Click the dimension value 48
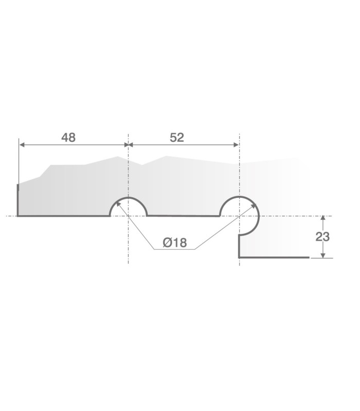(68, 138)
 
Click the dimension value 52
(177, 138)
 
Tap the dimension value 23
(322, 237)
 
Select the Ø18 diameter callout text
(175, 242)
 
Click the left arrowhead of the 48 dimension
(22, 145)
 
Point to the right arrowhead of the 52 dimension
(236, 145)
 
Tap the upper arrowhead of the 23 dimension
(323, 218)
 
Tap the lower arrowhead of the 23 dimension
(323, 255)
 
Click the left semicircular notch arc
(128, 197)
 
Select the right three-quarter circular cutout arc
(259, 216)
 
